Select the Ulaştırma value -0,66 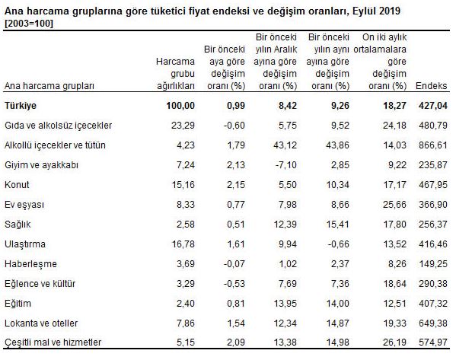[x=335, y=245]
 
